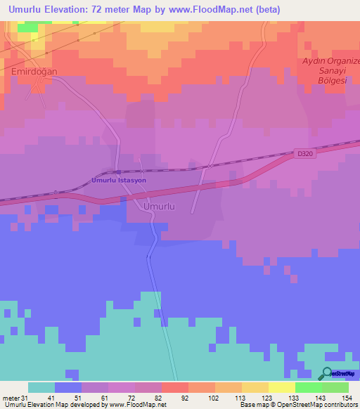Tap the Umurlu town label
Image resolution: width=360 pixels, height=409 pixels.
(159, 207)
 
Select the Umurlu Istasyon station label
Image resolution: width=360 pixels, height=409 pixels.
(118, 181)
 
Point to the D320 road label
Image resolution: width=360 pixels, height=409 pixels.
(304, 154)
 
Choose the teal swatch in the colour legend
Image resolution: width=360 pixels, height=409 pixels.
(41, 387)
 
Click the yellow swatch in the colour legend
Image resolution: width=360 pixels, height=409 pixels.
(282, 387)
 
